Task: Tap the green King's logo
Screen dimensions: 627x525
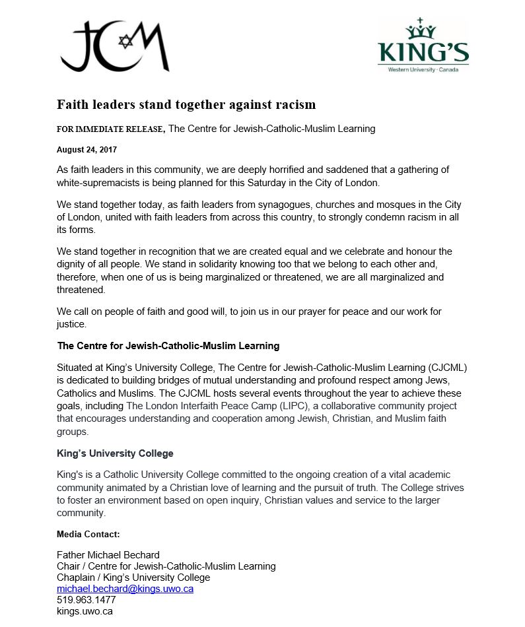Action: [423, 46]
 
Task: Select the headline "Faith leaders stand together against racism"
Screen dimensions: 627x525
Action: [186, 104]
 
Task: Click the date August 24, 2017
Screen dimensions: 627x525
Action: [87, 150]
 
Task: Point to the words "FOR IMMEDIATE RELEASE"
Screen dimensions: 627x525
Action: [110, 129]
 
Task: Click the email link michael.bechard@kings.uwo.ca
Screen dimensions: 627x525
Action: [125, 589]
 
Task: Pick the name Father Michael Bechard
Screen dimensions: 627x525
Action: [108, 554]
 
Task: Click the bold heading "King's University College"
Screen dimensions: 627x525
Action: [115, 453]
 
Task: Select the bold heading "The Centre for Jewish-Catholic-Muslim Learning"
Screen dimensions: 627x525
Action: [168, 346]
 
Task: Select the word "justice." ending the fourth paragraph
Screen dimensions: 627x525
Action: [71, 325]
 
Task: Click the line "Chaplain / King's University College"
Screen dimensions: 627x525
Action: [133, 577]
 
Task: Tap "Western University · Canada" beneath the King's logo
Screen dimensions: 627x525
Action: [423, 70]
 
